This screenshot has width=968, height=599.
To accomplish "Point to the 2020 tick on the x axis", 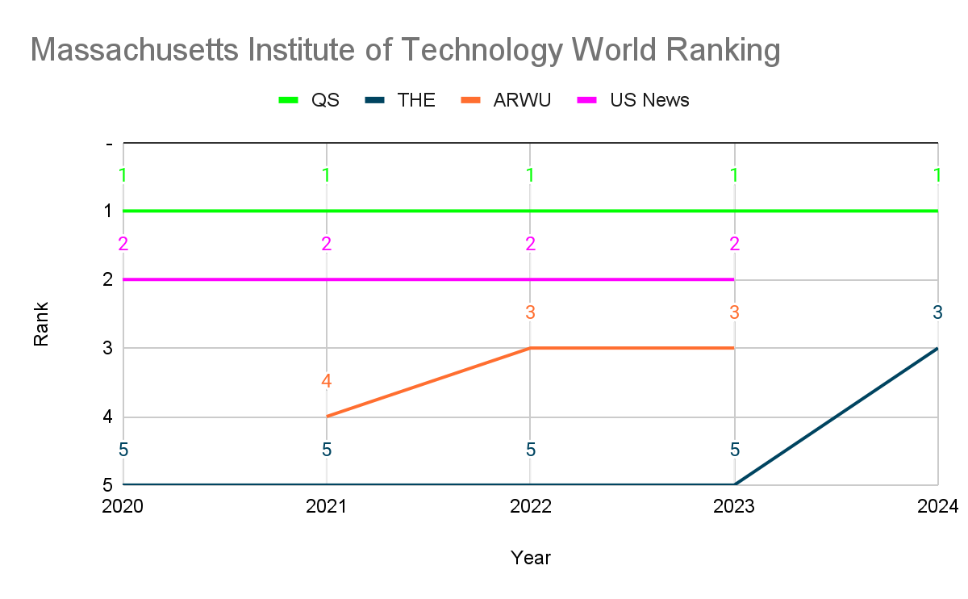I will click(123, 507).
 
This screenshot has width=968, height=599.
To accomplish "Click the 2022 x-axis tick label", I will click(530, 507).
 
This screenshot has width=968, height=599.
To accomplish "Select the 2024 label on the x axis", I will click(937, 507).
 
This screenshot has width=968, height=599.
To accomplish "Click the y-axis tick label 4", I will click(106, 417).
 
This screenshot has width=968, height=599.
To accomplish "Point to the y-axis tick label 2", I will click(106, 280).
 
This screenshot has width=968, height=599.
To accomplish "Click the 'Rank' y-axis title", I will click(41, 324).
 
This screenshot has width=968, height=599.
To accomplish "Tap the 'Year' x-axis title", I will click(530, 558).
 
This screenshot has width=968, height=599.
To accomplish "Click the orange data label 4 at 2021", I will click(327, 381).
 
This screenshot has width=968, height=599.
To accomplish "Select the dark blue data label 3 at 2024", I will click(937, 312).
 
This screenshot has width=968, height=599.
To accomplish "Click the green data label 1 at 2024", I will click(937, 174).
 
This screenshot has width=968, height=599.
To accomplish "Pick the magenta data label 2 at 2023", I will click(734, 244).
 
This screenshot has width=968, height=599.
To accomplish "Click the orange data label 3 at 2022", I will click(530, 312).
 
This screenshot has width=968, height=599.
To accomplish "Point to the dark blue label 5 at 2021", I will click(327, 450).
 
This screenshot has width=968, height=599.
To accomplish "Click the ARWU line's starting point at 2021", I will click(327, 417).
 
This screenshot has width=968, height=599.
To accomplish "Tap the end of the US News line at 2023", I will click(734, 279).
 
